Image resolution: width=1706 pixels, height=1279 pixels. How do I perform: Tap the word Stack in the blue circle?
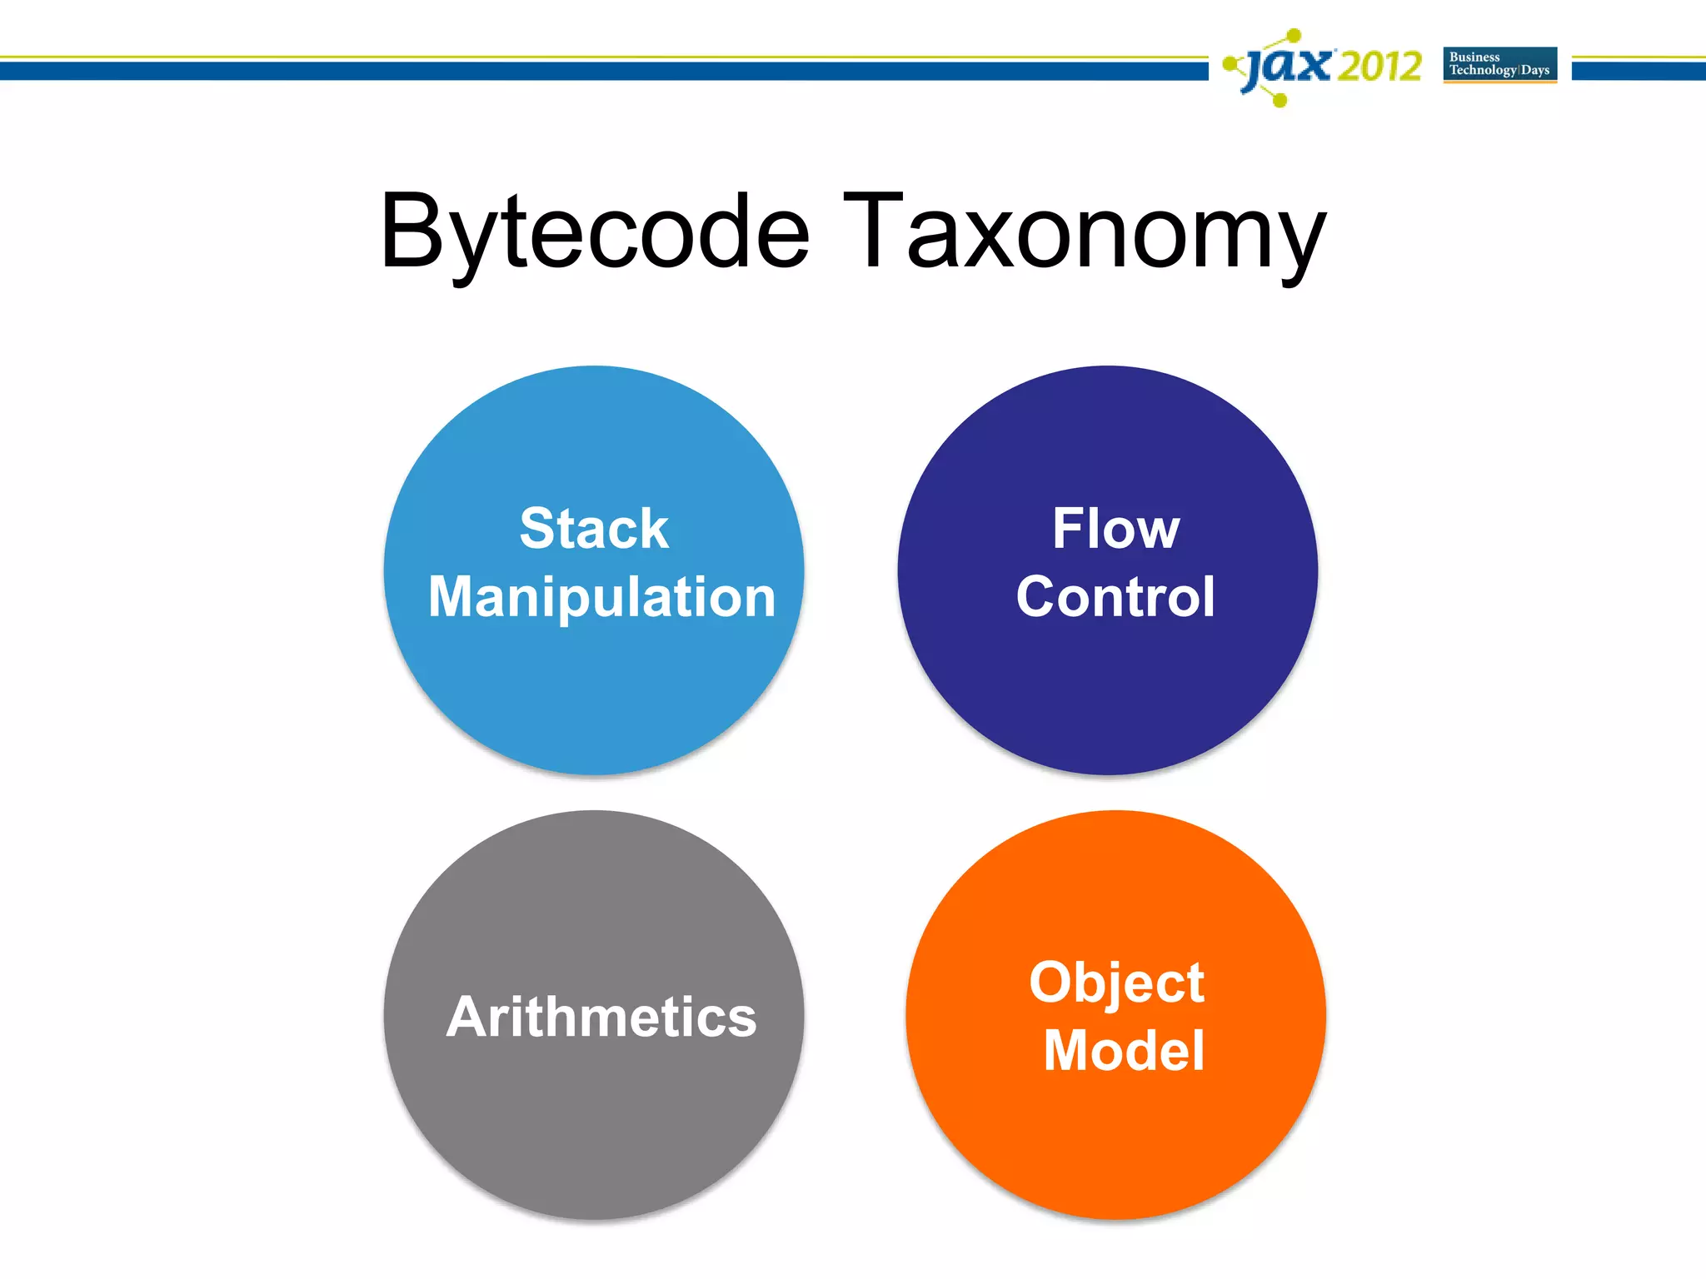point(594,529)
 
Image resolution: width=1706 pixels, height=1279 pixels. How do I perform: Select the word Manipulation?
point(601,597)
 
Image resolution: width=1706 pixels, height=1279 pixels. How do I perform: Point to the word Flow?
point(1115,529)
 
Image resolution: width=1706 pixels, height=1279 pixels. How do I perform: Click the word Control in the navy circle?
point(1115,597)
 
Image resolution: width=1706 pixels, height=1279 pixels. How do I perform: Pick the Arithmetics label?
point(601,1017)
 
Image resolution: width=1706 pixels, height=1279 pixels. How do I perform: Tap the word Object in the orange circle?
point(1116,983)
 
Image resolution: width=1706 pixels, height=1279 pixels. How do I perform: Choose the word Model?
point(1124,1050)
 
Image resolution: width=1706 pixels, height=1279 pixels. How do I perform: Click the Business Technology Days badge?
point(1499,64)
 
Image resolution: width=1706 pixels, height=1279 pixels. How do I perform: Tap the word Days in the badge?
point(1535,71)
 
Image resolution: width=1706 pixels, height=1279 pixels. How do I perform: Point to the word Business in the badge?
point(1474,57)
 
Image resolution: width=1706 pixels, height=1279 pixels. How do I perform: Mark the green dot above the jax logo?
point(1294,35)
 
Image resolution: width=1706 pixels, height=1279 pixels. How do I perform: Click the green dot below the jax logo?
point(1281,101)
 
